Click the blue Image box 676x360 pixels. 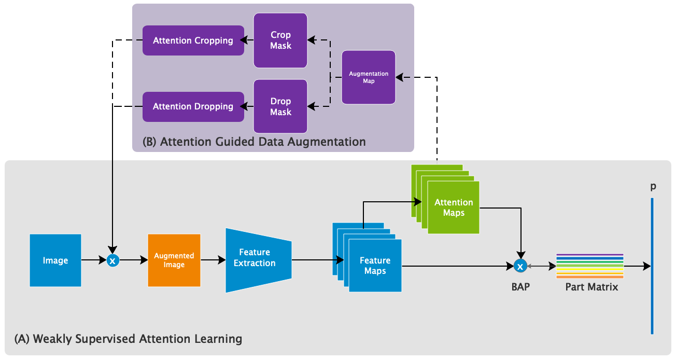[x=55, y=260]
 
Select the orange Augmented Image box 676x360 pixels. [x=174, y=260]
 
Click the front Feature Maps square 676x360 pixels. [x=375, y=266]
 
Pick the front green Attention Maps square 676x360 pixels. [x=454, y=207]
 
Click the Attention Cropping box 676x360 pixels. [x=193, y=40]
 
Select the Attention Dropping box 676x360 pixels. [x=193, y=106]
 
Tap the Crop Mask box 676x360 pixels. [x=280, y=40]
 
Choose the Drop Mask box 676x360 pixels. [x=280, y=106]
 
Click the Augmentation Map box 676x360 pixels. [x=369, y=77]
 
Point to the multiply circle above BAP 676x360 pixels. [x=520, y=266]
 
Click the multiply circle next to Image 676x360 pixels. [x=112, y=261]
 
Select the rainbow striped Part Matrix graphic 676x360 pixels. [x=589, y=266]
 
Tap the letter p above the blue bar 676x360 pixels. [x=653, y=186]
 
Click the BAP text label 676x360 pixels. [x=520, y=286]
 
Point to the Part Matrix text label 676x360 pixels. [x=591, y=286]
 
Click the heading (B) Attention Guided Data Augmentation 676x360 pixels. [x=254, y=142]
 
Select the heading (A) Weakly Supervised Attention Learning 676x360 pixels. [x=128, y=339]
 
